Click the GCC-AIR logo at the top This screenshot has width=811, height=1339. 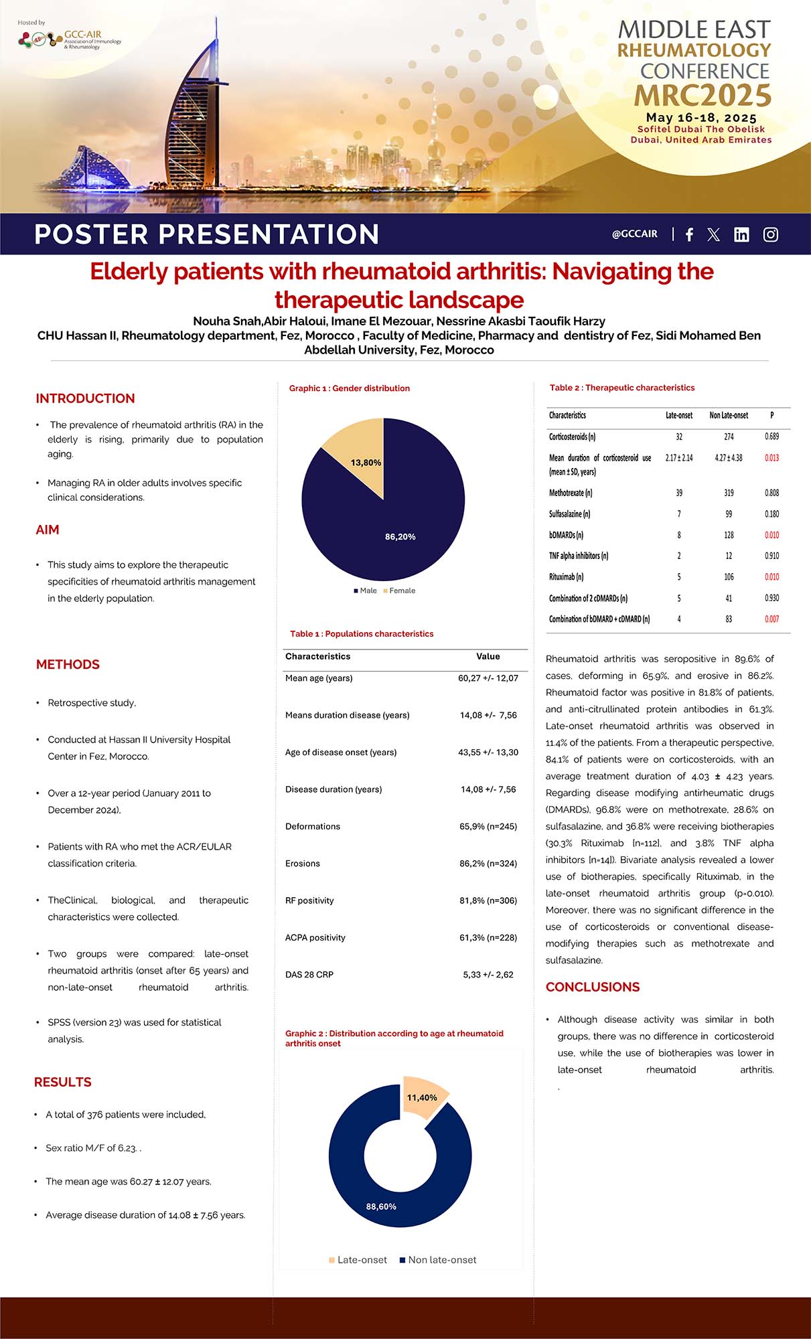70,40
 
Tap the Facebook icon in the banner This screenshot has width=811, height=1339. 689,234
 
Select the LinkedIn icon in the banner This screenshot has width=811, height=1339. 741,234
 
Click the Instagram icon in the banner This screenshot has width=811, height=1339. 770,234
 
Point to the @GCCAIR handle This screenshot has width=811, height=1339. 634,234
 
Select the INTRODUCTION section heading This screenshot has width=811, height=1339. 85,398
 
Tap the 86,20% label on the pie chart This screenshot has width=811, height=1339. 400,537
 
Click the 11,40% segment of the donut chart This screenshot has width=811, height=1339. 423,1097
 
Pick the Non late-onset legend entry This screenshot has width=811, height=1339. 438,1260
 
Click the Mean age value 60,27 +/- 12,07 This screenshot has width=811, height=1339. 488,678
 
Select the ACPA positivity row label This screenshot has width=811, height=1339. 315,937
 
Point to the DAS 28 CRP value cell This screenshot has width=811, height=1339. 488,975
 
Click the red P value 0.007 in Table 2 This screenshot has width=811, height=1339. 771,619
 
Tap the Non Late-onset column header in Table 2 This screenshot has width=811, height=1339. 729,415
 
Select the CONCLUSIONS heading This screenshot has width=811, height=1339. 593,987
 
